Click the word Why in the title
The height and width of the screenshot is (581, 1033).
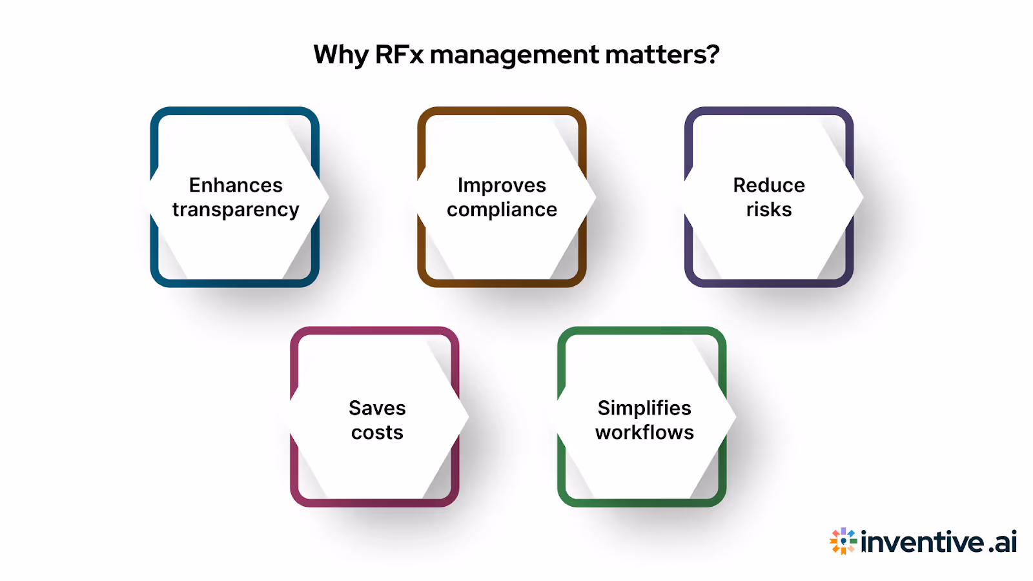coord(340,55)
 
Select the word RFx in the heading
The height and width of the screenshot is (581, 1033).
coord(399,55)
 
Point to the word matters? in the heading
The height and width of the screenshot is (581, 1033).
coord(662,55)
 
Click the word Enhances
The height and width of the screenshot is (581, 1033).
coord(236,185)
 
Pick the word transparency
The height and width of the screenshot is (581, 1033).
coord(236,210)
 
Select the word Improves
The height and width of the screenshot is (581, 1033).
coord(502,185)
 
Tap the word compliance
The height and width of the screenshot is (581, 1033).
coord(502,210)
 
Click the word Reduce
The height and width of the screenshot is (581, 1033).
coord(769,185)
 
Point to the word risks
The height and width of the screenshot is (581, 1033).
coord(769,210)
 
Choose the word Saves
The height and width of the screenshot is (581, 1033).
coord(377,408)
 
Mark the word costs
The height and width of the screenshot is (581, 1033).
coord(377,433)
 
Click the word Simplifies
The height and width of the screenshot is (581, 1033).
coord(644,408)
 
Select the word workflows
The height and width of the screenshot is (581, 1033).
coord(644,433)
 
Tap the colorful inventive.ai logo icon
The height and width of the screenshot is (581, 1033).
coord(843,541)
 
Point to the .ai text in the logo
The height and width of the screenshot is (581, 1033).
coord(1003,542)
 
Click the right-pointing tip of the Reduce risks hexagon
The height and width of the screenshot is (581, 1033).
coord(861,197)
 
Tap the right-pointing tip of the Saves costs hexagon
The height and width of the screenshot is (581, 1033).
coord(466,417)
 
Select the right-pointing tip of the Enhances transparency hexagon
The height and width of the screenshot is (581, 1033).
coord(327,197)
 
